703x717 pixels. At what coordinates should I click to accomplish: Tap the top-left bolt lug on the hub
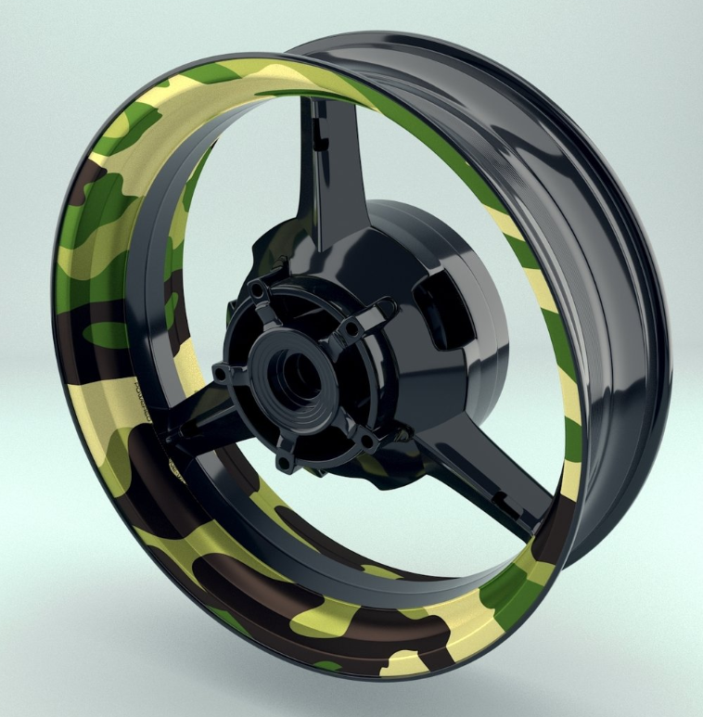click(257, 295)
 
